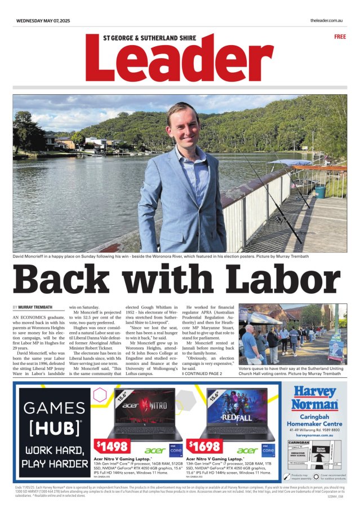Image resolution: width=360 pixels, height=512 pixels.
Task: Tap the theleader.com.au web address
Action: pos(326,20)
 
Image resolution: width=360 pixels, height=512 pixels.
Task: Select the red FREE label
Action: pos(340,37)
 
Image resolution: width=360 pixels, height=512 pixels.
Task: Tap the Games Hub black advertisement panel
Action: pos(54,432)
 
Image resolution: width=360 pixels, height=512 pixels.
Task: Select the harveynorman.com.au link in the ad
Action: pos(314,435)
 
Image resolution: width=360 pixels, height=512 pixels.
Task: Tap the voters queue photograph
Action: pos(292,335)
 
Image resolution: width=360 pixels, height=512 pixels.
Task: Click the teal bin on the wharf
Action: pos(320,192)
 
